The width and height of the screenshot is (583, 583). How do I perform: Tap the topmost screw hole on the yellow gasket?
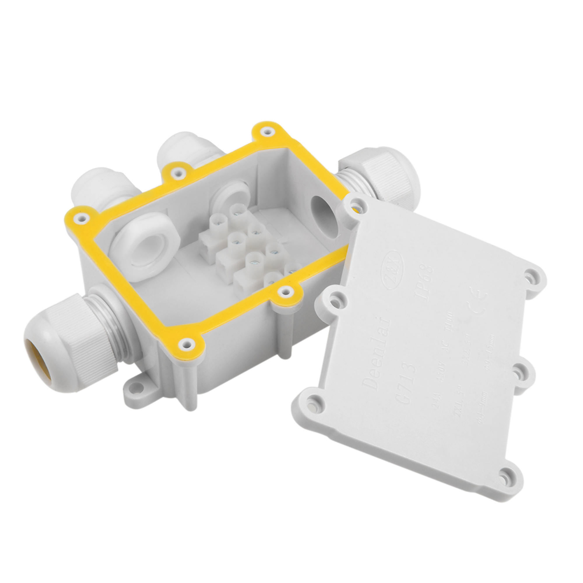pos(265,131)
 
